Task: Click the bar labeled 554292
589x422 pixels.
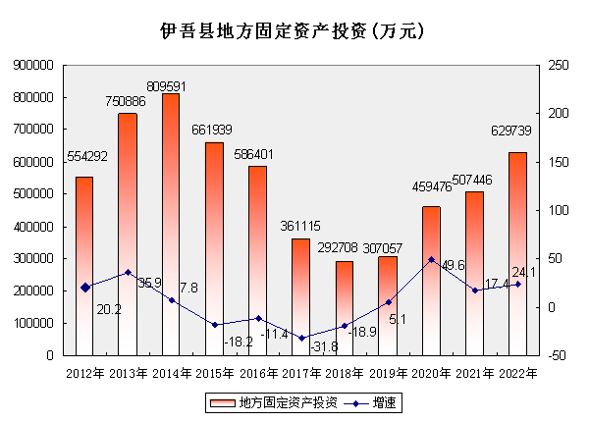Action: [x=84, y=265]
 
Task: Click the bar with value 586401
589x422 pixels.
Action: [x=257, y=260]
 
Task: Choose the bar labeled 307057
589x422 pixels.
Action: [x=387, y=305]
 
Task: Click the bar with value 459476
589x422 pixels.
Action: [x=431, y=280]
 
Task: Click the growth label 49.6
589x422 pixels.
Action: [x=454, y=266]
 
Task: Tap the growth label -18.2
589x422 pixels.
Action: [x=238, y=342]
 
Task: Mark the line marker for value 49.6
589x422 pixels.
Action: [x=431, y=260]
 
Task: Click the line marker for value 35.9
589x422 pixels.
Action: [x=128, y=272]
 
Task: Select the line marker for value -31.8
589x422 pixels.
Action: [x=300, y=339]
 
